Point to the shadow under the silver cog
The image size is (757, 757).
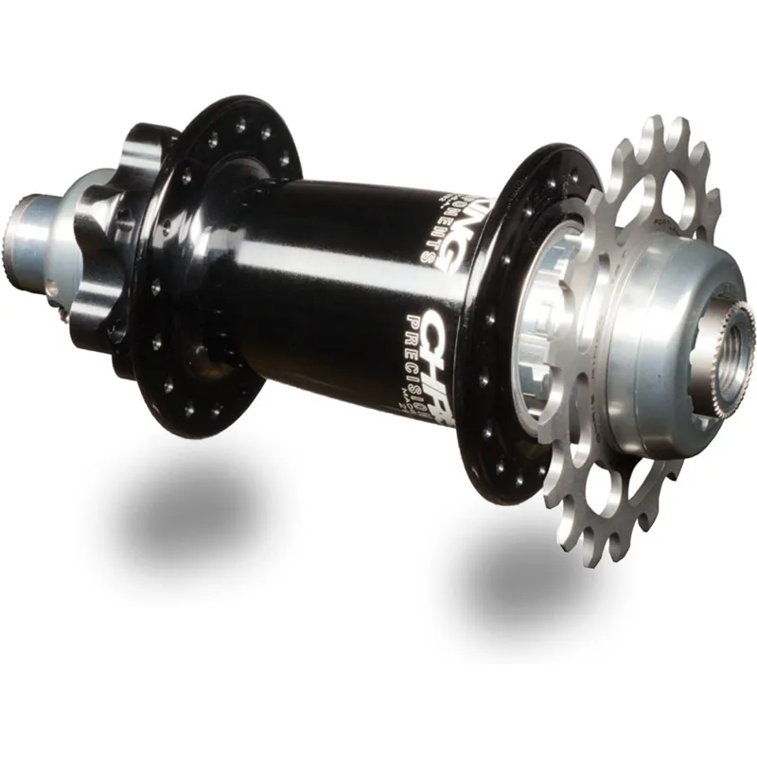[530, 587]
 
